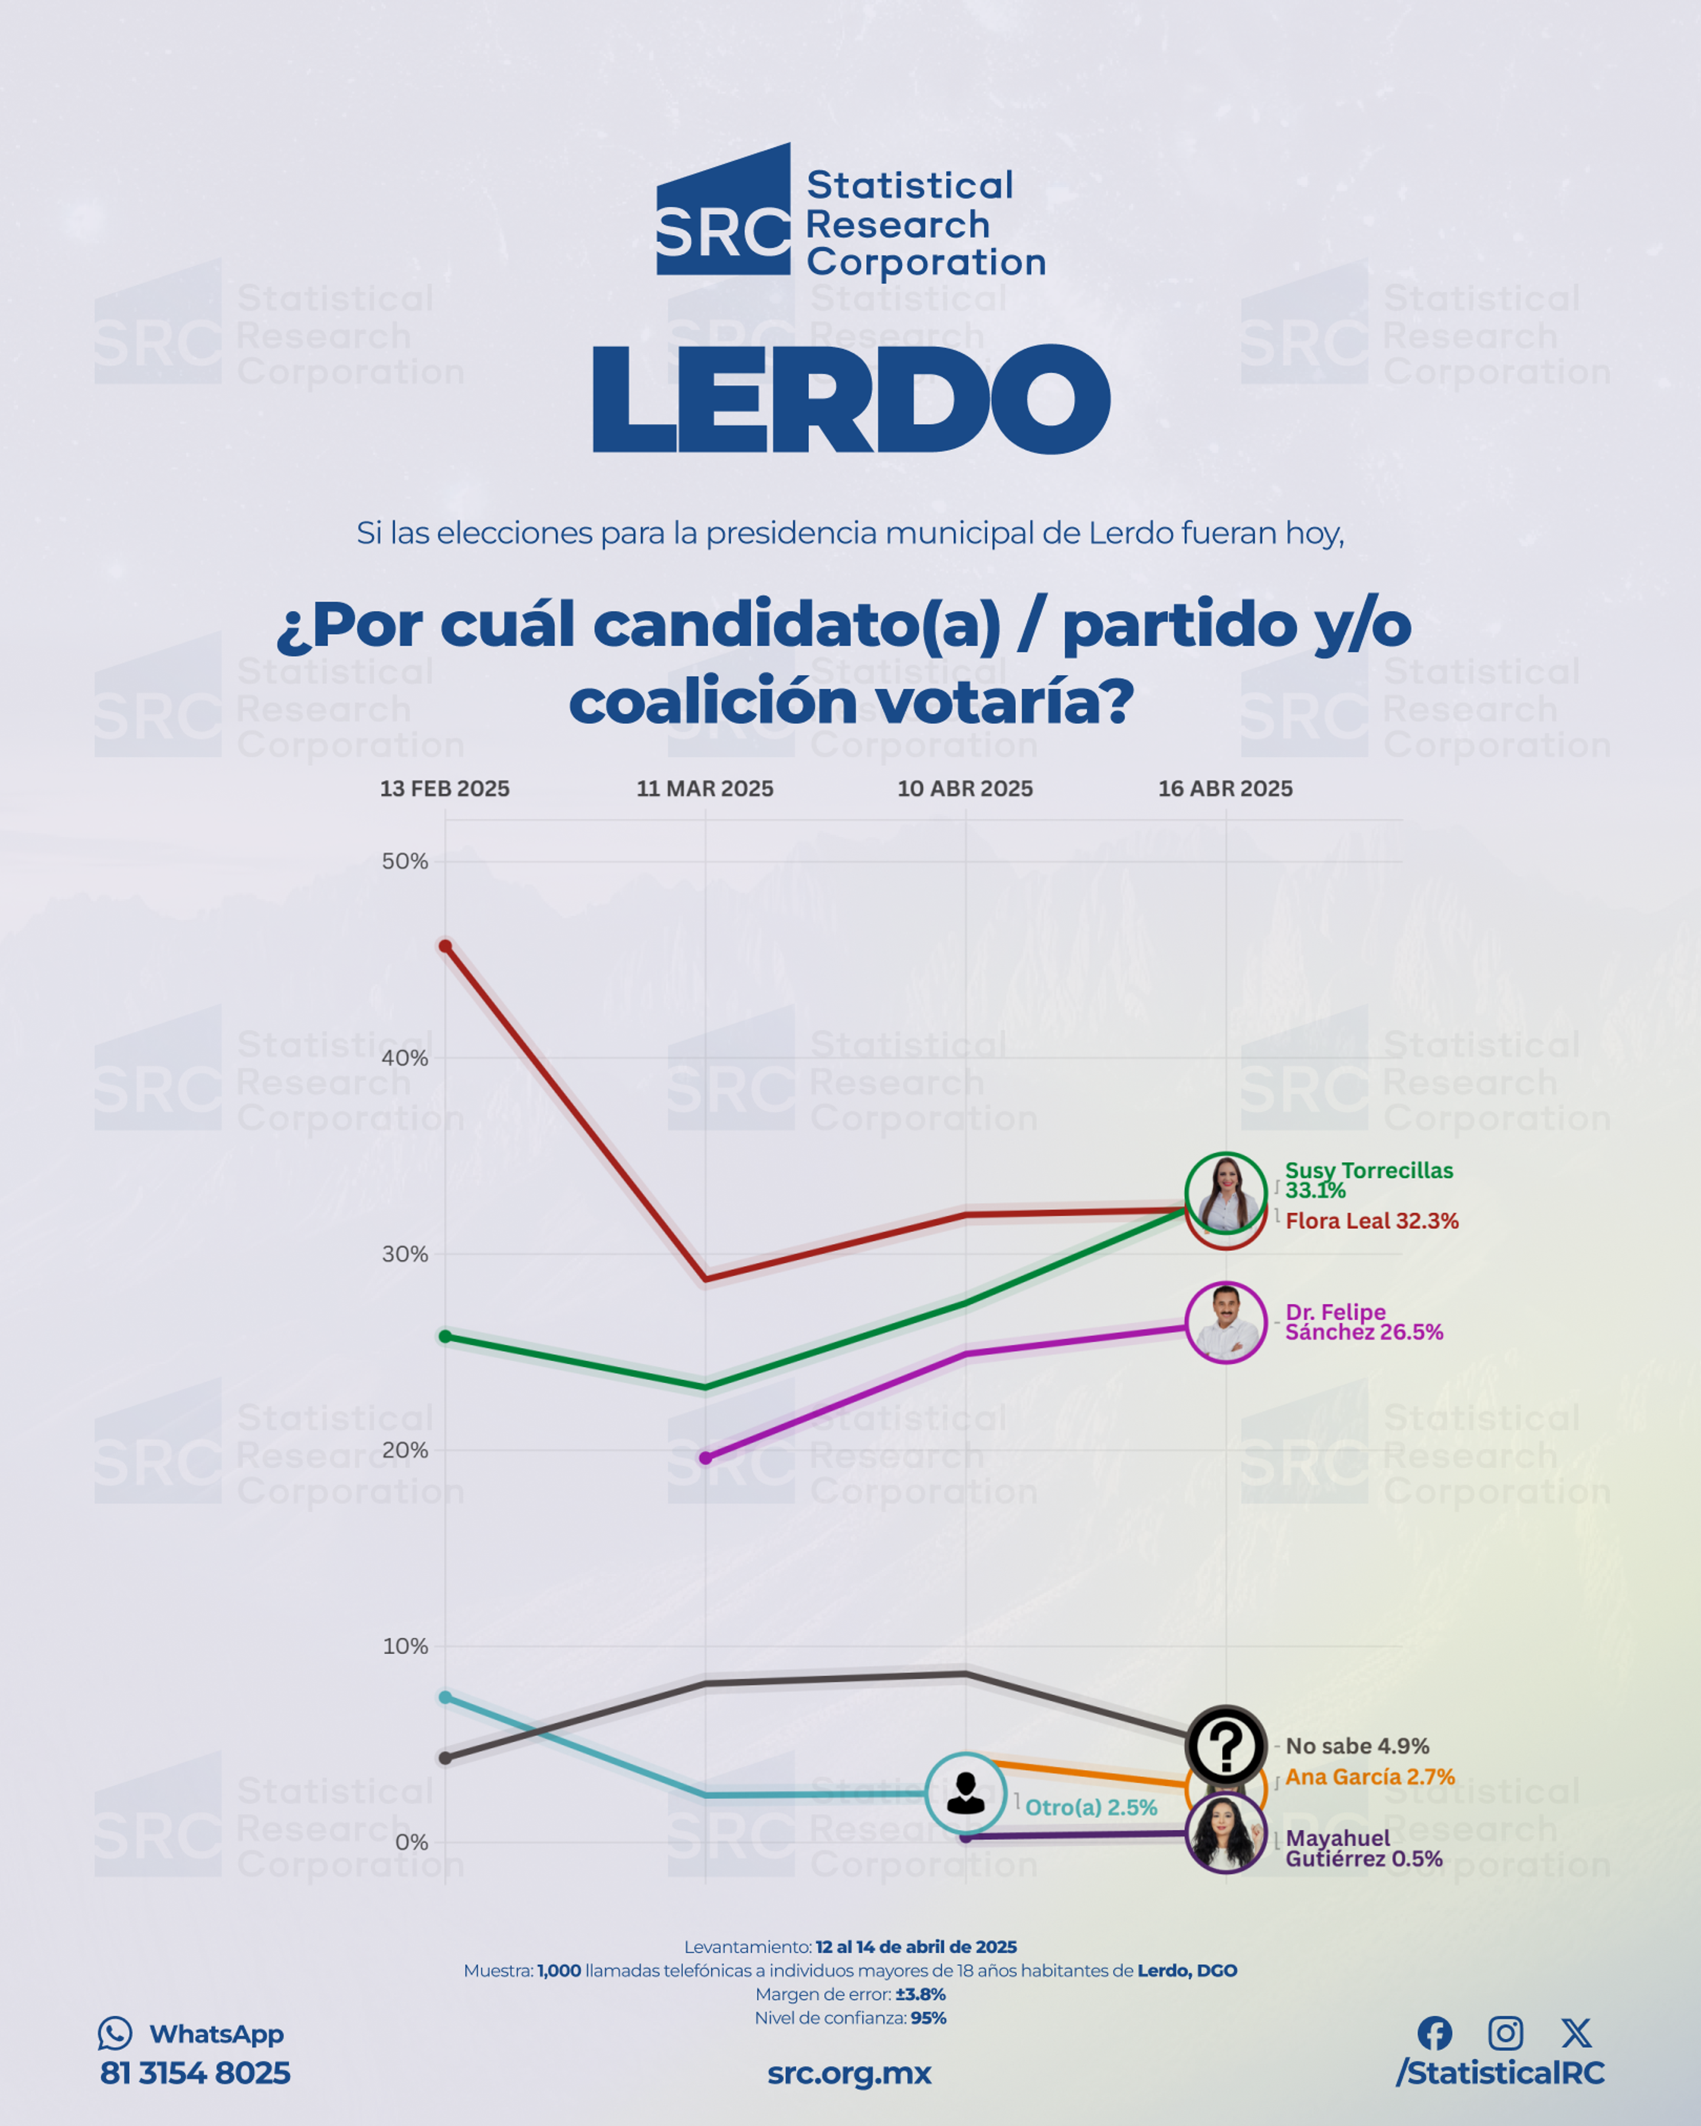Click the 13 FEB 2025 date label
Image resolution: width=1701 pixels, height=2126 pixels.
445,789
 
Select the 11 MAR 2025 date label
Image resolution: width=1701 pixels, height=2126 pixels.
705,789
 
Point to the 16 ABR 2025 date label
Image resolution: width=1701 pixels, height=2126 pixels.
1226,789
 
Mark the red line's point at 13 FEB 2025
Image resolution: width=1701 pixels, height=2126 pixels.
446,947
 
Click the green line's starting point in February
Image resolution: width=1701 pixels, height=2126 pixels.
446,1336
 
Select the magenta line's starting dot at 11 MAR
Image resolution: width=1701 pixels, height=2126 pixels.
705,1458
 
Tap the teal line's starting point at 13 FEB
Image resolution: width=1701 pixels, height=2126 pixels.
446,1697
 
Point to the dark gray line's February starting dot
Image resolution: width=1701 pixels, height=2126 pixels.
446,1758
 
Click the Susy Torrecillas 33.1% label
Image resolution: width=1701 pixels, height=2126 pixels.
1369,1180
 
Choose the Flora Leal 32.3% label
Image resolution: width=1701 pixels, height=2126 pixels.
1371,1221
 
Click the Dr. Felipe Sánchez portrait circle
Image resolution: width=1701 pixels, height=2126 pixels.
1226,1323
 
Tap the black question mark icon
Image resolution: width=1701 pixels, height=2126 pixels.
1226,1746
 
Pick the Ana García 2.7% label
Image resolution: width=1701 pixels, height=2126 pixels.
1370,1777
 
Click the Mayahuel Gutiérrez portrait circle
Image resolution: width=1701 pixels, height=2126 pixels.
1226,1833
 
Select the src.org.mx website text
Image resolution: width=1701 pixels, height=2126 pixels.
849,2074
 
